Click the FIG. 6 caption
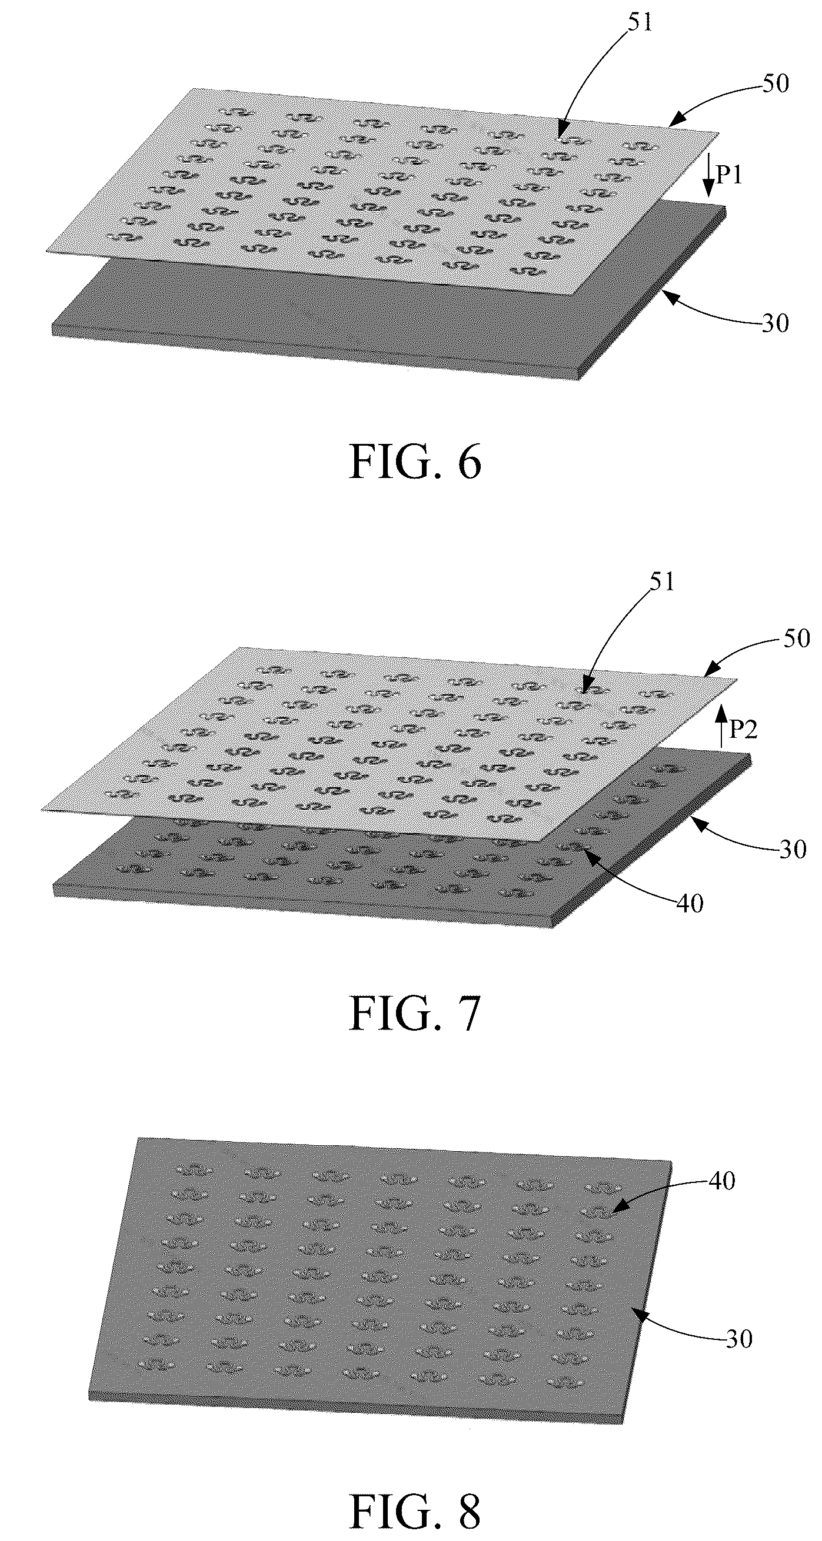click(415, 461)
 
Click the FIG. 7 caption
click(415, 1014)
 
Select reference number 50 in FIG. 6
click(775, 83)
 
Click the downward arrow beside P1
click(708, 175)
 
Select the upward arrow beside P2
click(721, 726)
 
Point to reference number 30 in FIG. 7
click(793, 849)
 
